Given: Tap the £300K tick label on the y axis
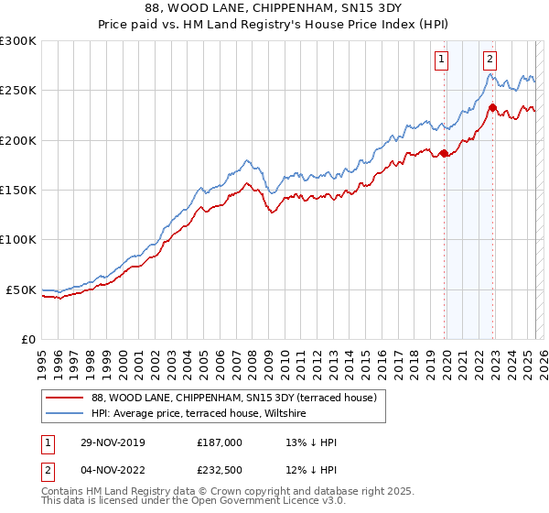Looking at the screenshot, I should tap(18, 41).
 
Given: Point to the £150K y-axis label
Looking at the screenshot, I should tap(18, 191).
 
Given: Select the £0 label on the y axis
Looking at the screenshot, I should tap(28, 339).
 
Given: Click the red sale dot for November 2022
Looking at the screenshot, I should tap(492, 108).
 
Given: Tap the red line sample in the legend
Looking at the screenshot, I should tap(66, 398).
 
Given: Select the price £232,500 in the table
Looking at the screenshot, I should tap(220, 470).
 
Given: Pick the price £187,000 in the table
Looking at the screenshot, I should tap(220, 442).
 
